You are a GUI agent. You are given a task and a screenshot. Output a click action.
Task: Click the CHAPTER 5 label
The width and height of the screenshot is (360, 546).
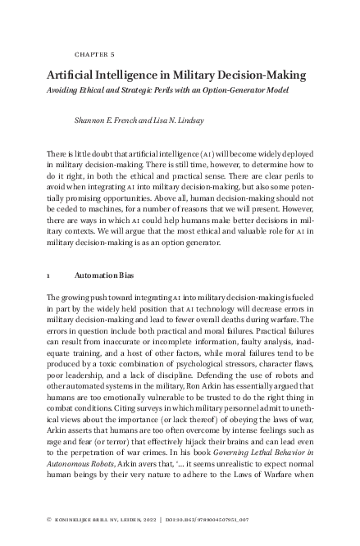click(94, 54)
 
